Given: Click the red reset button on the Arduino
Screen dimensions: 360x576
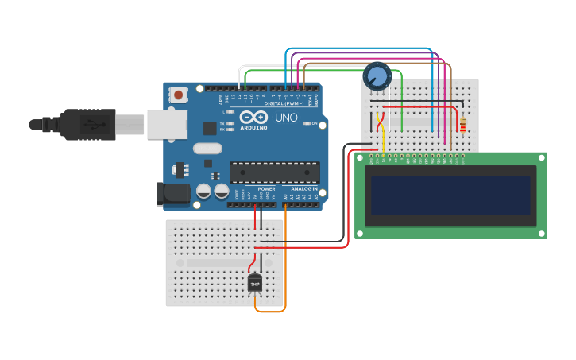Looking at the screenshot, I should tap(178, 95).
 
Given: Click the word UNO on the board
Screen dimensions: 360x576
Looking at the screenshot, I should tap(286, 118).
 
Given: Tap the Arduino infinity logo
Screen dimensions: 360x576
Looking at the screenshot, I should tap(253, 117).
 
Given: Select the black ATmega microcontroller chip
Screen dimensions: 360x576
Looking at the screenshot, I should tap(275, 172).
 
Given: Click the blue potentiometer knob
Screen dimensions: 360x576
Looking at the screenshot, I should tap(377, 77).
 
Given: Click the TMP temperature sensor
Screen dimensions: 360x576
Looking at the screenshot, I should tap(255, 282).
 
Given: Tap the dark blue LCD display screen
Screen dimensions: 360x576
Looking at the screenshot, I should tap(450, 195).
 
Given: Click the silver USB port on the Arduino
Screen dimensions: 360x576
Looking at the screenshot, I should tap(167, 125).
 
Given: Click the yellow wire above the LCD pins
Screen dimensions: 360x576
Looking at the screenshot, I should tap(384, 139).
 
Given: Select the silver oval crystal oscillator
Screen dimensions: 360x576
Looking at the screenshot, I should tap(207, 148).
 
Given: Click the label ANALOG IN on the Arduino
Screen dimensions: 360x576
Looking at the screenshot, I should tap(303, 189).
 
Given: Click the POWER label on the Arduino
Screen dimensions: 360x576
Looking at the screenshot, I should tap(266, 189).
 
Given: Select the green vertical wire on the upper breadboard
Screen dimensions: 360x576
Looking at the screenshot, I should tap(403, 103).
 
